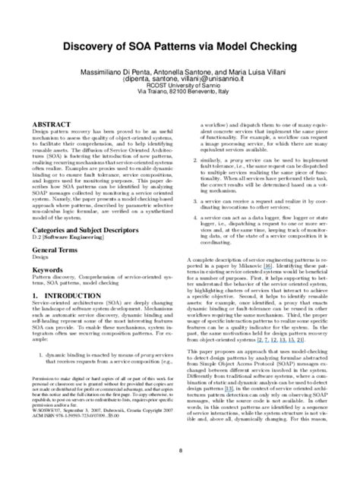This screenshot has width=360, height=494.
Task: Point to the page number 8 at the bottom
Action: pyautogui.click(x=180, y=472)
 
